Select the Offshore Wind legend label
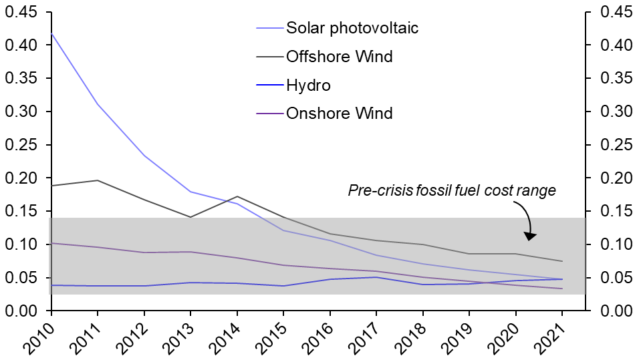pyautogui.click(x=339, y=56)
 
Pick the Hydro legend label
pyautogui.click(x=308, y=85)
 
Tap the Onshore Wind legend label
pyautogui.click(x=339, y=114)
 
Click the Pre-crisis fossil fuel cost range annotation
pyautogui.click(x=452, y=191)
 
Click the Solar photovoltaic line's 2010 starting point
pyautogui.click(x=51, y=33)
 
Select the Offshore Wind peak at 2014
pyautogui.click(x=237, y=196)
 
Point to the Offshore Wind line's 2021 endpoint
pyautogui.click(x=562, y=261)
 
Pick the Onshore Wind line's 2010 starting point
pyautogui.click(x=51, y=243)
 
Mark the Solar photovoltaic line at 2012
pyautogui.click(x=144, y=156)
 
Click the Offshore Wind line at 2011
pyautogui.click(x=98, y=180)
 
